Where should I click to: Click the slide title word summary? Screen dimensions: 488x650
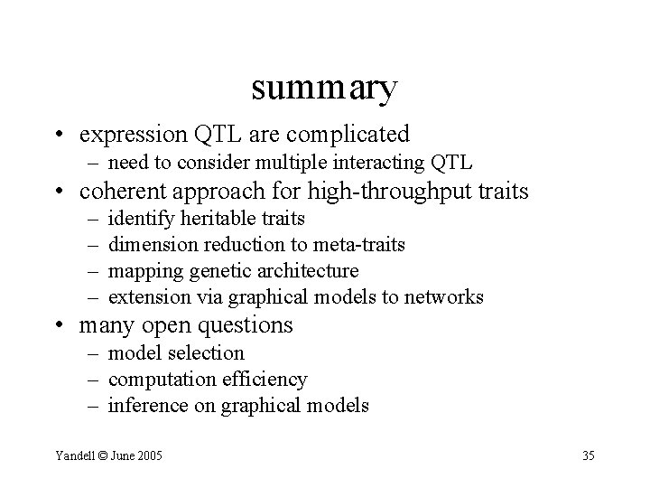click(324, 89)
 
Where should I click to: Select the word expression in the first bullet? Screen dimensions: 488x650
click(134, 135)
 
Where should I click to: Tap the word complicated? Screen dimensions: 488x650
click(352, 135)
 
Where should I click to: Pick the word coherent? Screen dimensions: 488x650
click(121, 192)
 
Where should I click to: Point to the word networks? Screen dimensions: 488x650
click(447, 297)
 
